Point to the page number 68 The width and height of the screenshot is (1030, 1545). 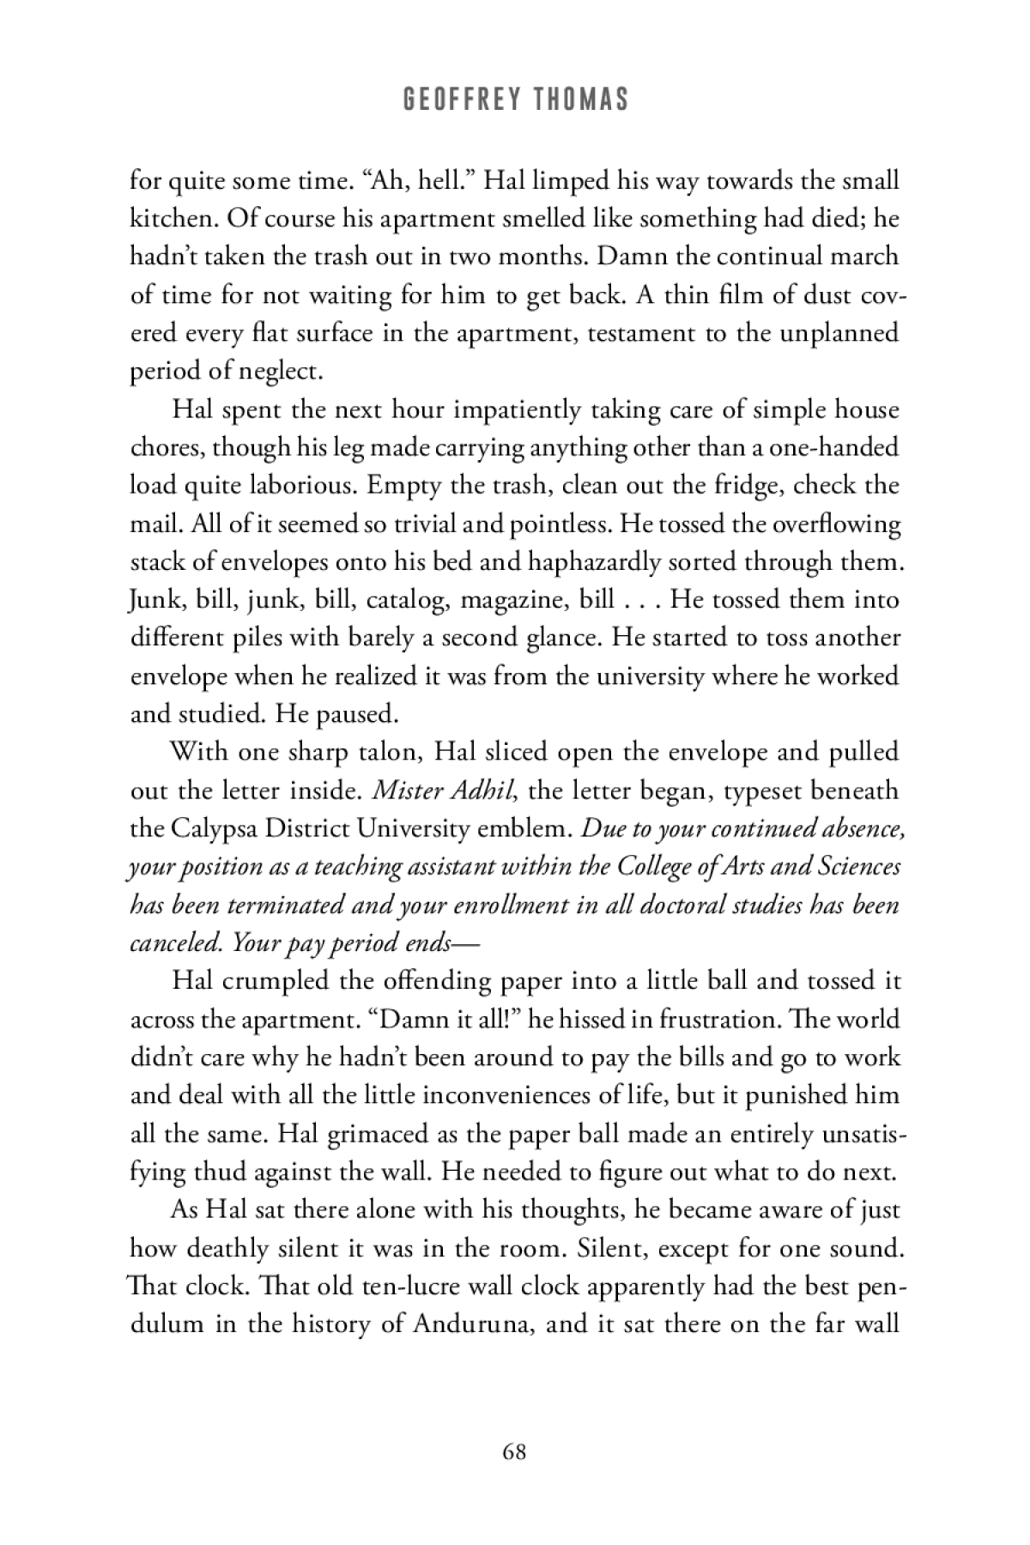click(x=515, y=1451)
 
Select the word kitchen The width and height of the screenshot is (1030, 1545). click(x=172, y=218)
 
